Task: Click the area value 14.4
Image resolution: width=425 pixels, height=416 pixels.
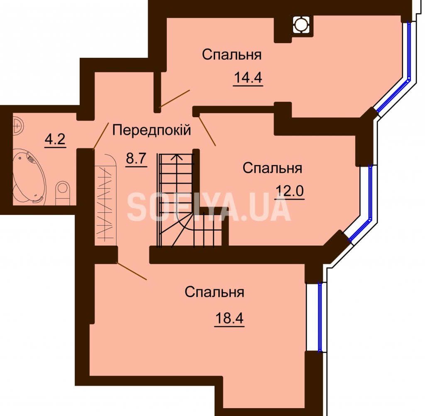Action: (248, 78)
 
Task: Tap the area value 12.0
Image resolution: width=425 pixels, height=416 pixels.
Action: (290, 191)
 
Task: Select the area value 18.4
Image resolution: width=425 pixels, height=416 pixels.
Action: (229, 318)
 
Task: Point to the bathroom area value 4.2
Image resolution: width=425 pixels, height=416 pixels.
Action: (55, 140)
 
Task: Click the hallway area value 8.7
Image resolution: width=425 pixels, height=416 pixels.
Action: (136, 158)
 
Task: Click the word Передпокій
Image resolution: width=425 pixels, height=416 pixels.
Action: (151, 130)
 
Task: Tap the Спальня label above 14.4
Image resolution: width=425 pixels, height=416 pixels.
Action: (232, 54)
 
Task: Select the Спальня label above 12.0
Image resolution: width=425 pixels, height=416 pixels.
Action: (272, 168)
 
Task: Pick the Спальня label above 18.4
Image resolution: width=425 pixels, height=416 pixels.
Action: (215, 292)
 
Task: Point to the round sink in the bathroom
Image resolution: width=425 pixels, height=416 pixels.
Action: (18, 126)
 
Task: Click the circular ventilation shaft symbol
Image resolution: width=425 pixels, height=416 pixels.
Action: (300, 25)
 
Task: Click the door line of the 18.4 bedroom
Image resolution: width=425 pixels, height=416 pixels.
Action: (132, 271)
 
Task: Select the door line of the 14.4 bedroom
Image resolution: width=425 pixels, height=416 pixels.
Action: (174, 98)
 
